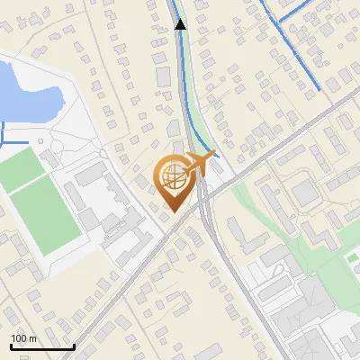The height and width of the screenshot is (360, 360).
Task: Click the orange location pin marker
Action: coord(175,180)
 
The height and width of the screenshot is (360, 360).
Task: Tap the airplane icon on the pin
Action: coord(202,163)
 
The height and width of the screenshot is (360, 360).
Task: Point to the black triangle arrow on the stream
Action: coord(180,24)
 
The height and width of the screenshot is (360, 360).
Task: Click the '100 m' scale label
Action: coord(23,339)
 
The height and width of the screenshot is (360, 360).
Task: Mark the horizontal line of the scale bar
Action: coord(42,346)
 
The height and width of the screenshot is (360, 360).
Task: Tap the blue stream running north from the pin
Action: coord(184,81)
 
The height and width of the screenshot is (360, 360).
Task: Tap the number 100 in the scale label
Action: coord(18,339)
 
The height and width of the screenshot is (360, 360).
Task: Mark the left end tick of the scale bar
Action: coord(11,345)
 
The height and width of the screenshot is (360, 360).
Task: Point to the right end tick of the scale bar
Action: coord(74,345)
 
